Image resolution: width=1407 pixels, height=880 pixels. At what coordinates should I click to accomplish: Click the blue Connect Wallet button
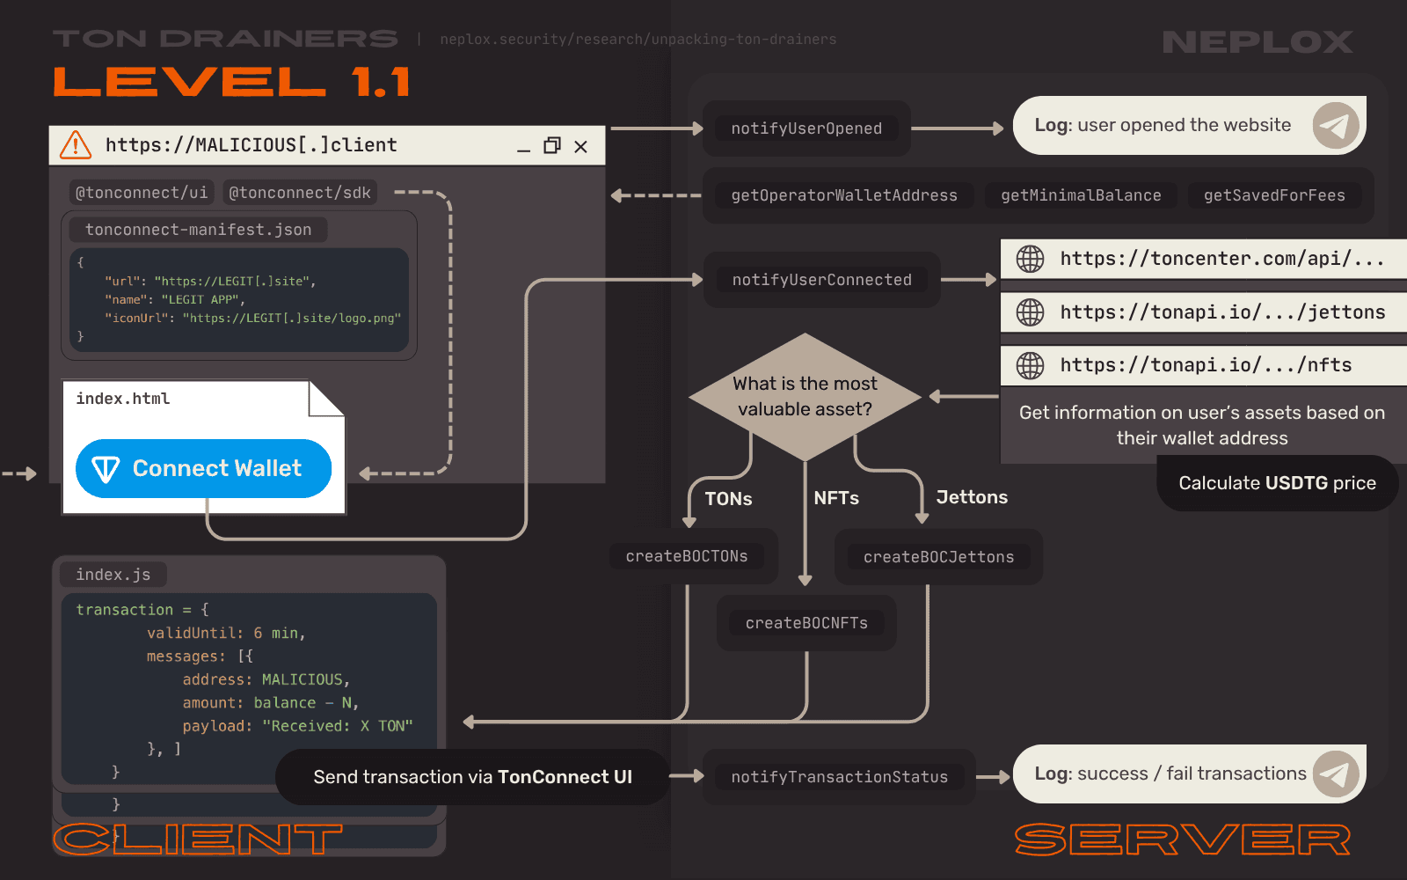click(x=203, y=468)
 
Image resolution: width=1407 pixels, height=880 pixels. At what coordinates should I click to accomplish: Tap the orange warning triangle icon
click(x=76, y=144)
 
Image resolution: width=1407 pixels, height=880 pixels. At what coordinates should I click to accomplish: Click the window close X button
click(x=580, y=147)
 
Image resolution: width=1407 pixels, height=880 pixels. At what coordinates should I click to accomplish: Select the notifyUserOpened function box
click(x=806, y=128)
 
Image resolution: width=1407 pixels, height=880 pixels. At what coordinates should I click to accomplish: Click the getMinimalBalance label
click(x=1081, y=195)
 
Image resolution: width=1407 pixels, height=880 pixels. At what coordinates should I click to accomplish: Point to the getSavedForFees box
click(x=1274, y=195)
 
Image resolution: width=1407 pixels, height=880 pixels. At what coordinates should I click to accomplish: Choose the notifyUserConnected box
click(x=821, y=280)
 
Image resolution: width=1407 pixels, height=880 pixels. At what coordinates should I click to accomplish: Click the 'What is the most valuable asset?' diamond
click(x=805, y=396)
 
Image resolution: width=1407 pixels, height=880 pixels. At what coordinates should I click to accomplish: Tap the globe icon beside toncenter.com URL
click(x=1030, y=259)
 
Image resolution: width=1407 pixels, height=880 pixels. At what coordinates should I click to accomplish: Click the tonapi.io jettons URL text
click(x=1222, y=312)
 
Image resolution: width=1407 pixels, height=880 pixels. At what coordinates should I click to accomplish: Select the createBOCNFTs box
click(x=806, y=623)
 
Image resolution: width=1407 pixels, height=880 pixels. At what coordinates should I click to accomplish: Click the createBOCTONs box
click(x=687, y=556)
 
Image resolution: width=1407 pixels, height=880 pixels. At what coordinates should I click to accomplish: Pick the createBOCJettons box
click(x=938, y=557)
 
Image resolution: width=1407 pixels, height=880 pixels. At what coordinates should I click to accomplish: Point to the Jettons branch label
click(x=972, y=497)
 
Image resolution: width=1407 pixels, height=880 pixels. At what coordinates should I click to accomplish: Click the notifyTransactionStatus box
click(x=839, y=777)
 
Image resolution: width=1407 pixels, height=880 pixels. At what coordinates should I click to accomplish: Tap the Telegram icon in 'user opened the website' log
click(x=1336, y=126)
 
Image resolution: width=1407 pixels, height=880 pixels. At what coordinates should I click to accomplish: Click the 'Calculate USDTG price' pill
click(x=1277, y=483)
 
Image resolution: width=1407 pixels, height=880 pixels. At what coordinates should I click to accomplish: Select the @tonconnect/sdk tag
click(x=300, y=193)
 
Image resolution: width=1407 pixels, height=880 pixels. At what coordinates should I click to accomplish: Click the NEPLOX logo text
click(x=1258, y=41)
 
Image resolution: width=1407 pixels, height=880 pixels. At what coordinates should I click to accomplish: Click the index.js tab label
click(x=113, y=575)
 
